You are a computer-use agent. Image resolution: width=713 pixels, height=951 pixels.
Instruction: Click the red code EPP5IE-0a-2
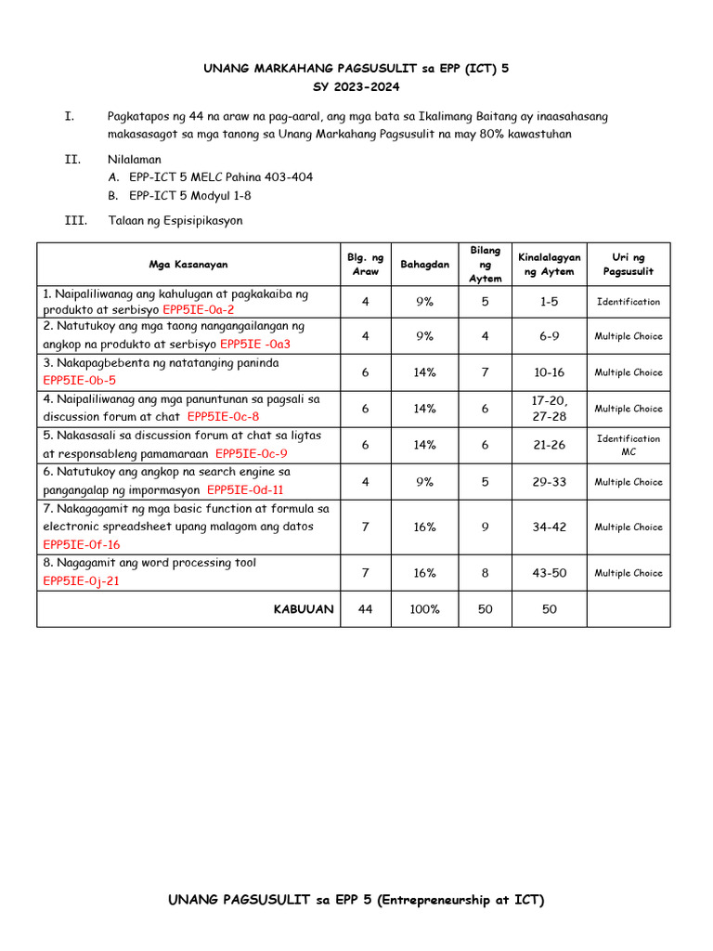coord(198,309)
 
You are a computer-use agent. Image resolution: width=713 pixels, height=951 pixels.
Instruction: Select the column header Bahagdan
coord(424,265)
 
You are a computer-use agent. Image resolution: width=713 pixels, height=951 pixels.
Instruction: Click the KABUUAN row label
coord(303,609)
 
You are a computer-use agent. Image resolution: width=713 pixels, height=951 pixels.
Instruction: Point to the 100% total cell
coord(424,609)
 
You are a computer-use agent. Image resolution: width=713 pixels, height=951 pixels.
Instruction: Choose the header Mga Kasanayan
coord(188,265)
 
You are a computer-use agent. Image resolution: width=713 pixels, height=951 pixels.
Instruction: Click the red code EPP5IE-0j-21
coord(81,581)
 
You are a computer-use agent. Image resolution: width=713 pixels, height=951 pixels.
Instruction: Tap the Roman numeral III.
coord(75,221)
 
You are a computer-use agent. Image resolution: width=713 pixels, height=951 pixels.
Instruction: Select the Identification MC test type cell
coord(629,445)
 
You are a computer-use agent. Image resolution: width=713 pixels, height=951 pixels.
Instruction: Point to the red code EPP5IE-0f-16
coord(81,545)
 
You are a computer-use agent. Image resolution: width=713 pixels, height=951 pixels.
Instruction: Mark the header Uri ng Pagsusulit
coord(629,265)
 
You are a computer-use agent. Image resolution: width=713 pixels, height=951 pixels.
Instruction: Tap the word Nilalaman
coord(134,160)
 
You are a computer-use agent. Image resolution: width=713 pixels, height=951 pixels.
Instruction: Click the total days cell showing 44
coord(365,609)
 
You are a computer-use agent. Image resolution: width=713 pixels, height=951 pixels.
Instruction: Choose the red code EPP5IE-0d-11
coord(245,490)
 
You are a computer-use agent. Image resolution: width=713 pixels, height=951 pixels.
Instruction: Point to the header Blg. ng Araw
coord(365,265)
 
